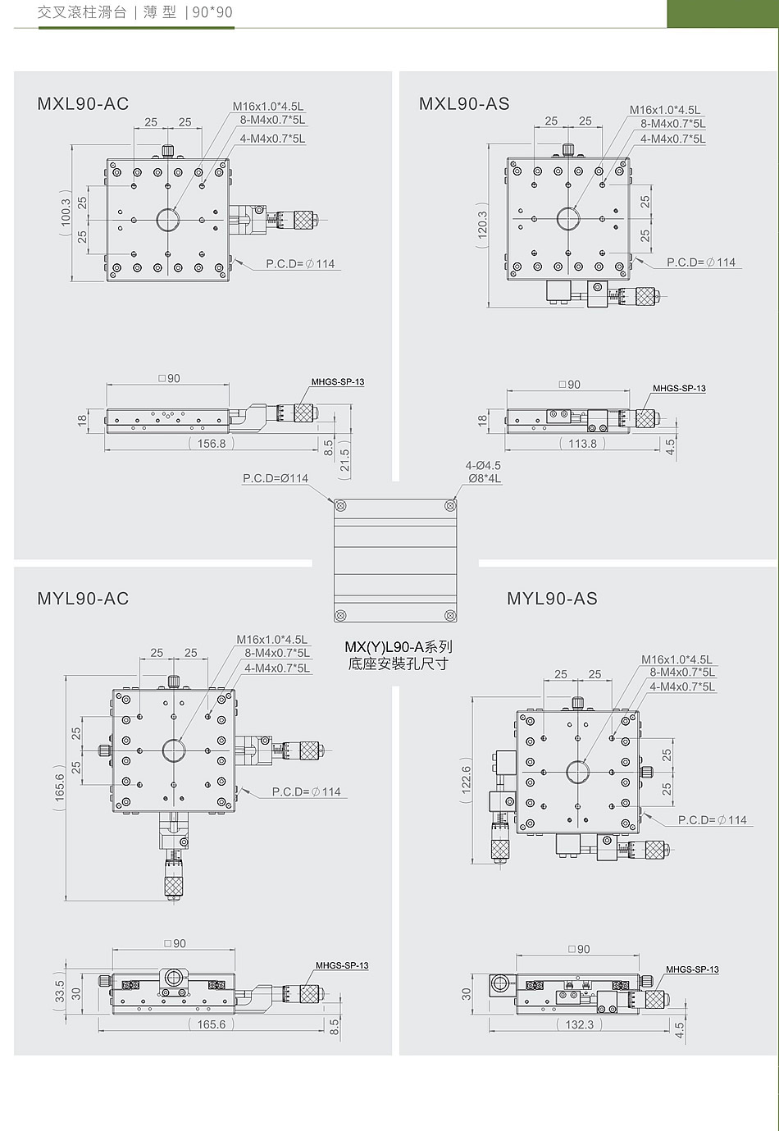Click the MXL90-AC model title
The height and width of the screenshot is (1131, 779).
tap(83, 103)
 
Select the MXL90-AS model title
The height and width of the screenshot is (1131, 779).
tap(464, 103)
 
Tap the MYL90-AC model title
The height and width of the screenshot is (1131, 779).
tap(83, 599)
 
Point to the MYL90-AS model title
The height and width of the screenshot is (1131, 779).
tap(552, 599)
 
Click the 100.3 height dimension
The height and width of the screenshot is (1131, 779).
tap(66, 213)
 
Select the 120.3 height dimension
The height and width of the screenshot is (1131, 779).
tap(482, 224)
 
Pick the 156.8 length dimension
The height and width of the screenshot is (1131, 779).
tap(211, 444)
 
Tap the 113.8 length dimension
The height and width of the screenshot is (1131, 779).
tap(582, 444)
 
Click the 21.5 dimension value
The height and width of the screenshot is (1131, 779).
tap(345, 460)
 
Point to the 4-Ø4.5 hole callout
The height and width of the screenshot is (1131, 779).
tap(483, 465)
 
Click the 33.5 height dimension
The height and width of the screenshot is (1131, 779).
tap(60, 991)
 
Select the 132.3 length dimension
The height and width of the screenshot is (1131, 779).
tap(579, 1024)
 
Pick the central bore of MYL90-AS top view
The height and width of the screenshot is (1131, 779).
tap(577, 772)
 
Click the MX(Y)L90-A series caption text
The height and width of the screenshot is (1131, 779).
tap(399, 654)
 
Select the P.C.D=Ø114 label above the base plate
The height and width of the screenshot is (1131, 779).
tap(276, 478)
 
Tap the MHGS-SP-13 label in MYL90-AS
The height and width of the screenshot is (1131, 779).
tap(692, 969)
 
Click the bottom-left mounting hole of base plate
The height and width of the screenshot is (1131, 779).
tap(341, 615)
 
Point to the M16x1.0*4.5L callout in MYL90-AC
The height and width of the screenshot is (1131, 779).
tap(271, 640)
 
